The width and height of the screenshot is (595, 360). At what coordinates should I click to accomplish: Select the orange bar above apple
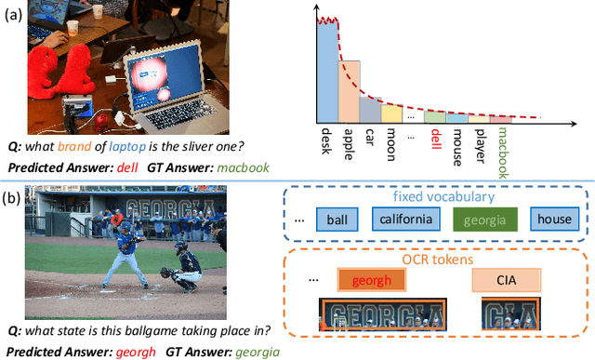pos(348,93)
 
